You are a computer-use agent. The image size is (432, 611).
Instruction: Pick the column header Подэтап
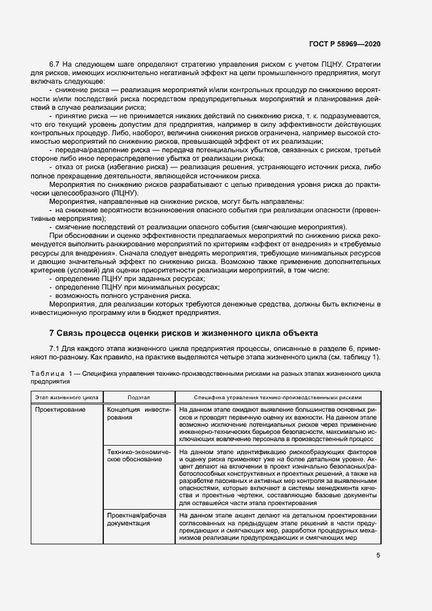pyautogui.click(x=138, y=397)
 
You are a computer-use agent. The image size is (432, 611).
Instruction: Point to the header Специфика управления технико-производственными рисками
pyautogui.click(x=277, y=397)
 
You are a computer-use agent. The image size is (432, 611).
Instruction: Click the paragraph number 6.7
pyautogui.click(x=55, y=65)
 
